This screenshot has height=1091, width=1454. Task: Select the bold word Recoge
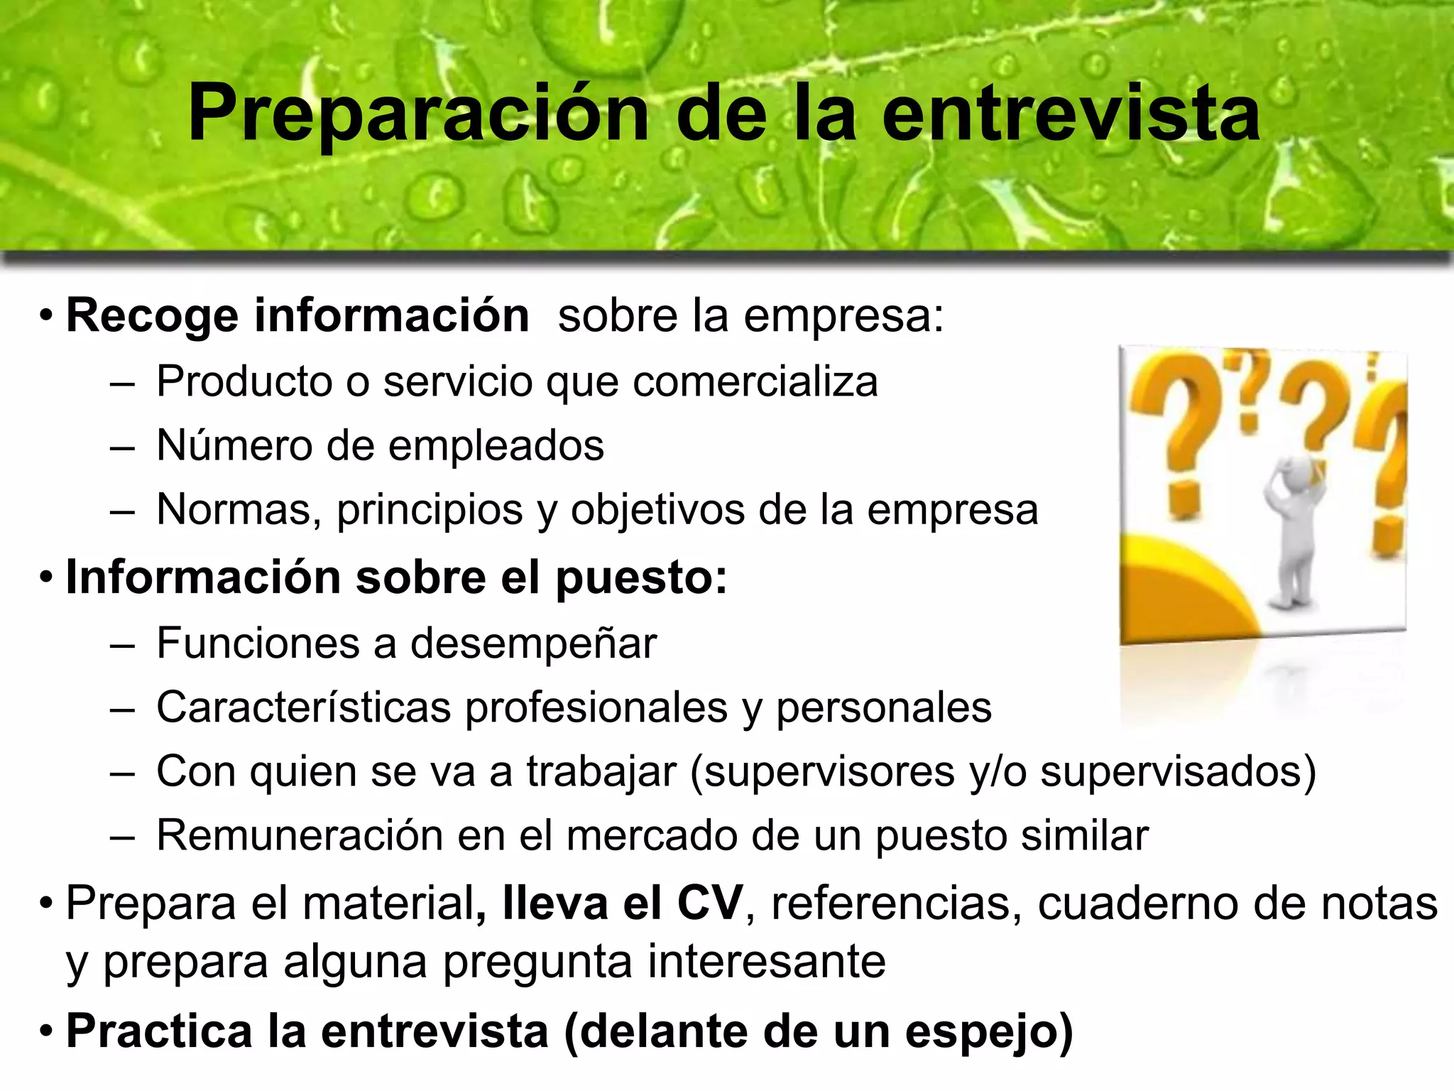pos(152,316)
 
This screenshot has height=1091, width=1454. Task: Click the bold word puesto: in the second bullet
pos(641,578)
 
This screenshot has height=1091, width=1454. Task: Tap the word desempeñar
pos(533,644)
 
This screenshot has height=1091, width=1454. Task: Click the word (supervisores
pos(822,772)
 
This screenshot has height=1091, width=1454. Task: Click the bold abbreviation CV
pos(709,904)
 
